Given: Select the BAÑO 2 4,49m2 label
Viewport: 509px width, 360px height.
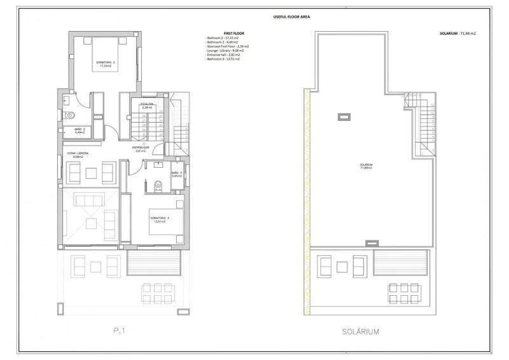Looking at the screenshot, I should point(80,130).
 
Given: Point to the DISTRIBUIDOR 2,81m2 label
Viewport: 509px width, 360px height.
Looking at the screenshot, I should point(140,149).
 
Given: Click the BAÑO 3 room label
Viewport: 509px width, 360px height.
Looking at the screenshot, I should point(176,174).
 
